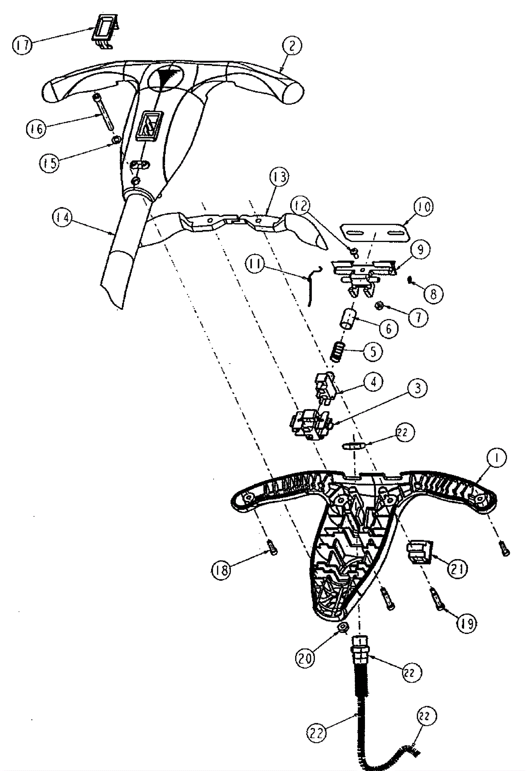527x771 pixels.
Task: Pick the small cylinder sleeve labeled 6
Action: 347,318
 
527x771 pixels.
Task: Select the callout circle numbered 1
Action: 496,458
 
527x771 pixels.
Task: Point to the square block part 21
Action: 420,552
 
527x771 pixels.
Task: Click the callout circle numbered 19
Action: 467,624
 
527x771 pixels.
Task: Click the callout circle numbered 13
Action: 279,177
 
